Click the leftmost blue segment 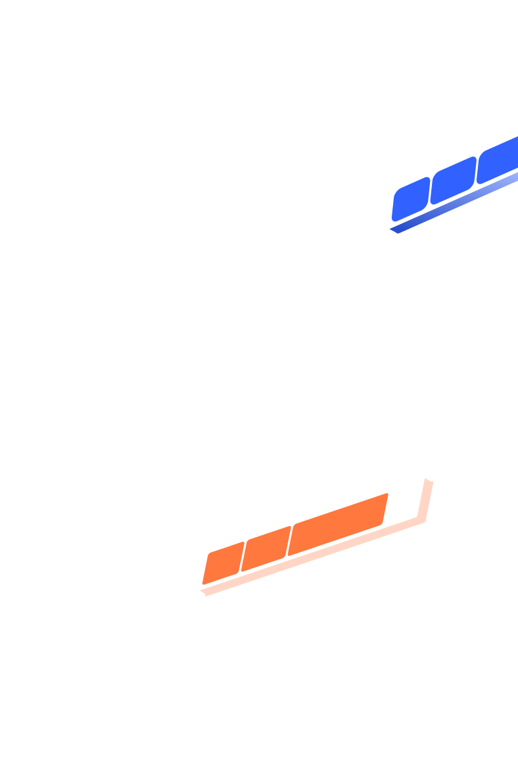coord(411,199)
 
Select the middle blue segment coord(453,181)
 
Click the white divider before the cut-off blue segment coord(477,170)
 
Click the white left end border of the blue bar coord(390,208)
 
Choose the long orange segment coord(337,525)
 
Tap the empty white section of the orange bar coord(405,503)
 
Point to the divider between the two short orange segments coord(243,557)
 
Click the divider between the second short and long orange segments coord(289,541)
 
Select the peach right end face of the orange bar coord(427,502)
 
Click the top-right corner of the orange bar coord(424,478)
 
